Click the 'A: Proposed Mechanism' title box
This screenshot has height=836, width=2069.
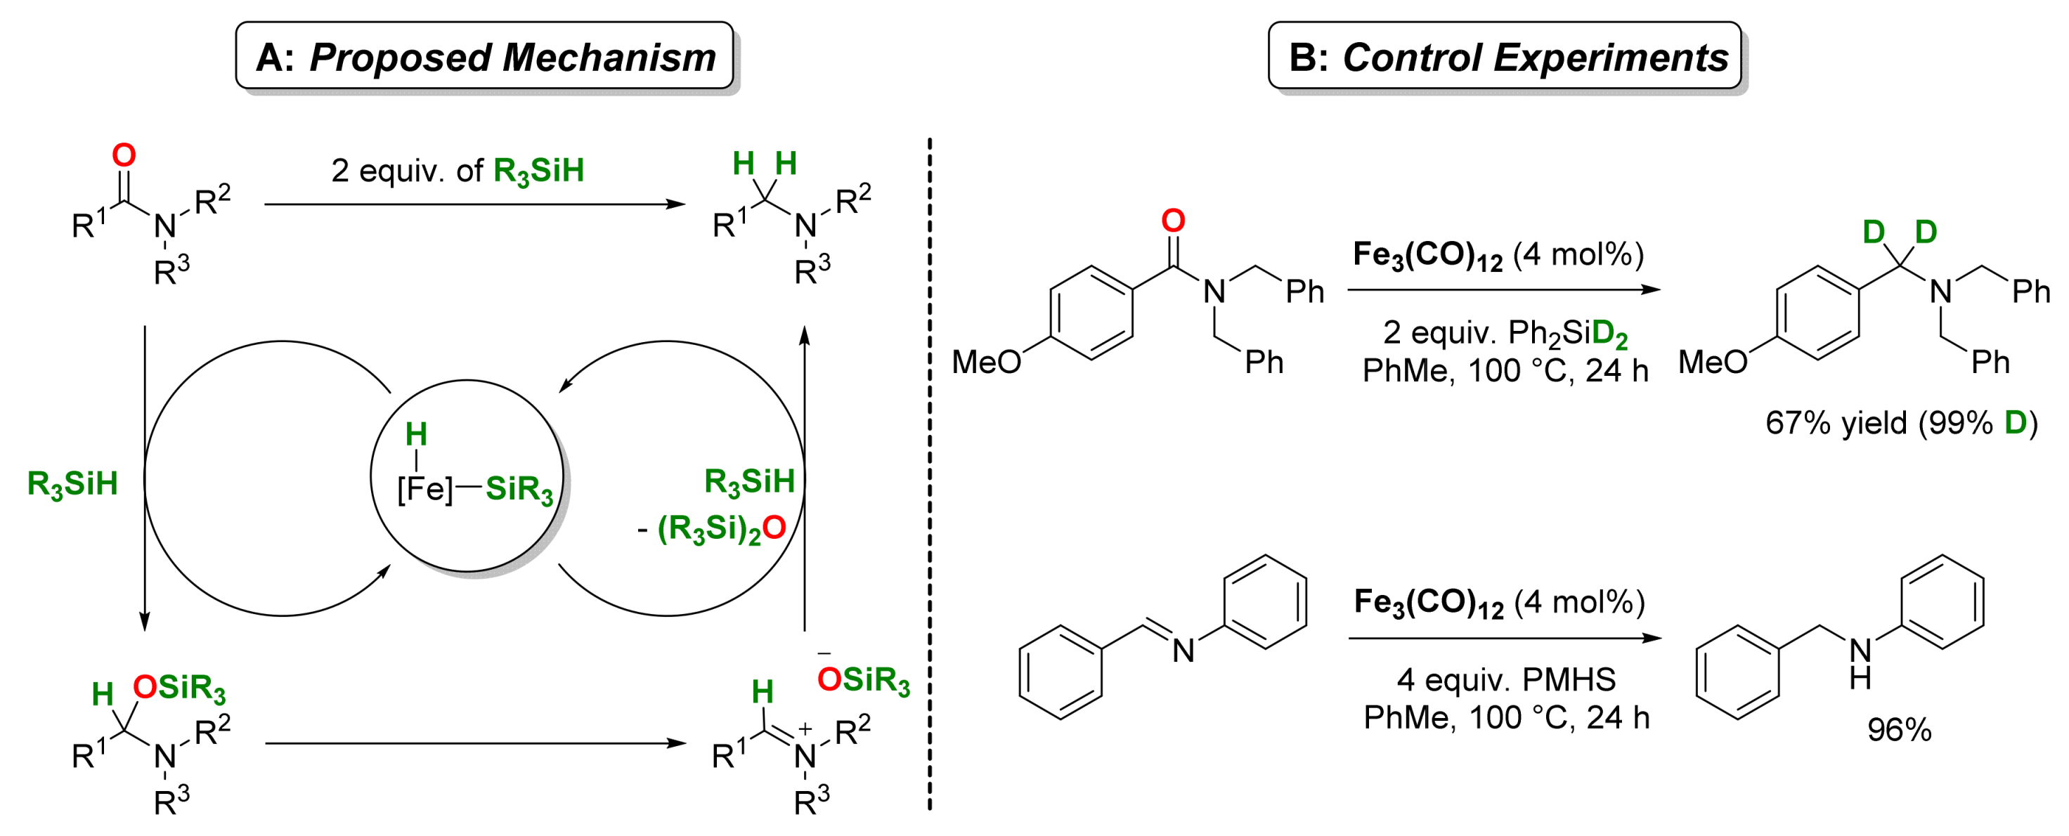484,56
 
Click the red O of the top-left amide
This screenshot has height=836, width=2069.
124,155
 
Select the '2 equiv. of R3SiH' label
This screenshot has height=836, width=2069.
457,171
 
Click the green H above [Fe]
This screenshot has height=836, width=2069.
416,434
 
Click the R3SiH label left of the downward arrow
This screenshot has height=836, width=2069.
72,483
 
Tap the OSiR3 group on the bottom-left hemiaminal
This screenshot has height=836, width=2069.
179,688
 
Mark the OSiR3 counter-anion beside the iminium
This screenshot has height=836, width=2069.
864,680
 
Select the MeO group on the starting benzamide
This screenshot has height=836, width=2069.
985,363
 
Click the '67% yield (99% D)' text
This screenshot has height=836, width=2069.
1900,423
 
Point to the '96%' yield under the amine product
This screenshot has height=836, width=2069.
1899,730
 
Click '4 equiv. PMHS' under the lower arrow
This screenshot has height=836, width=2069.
1506,680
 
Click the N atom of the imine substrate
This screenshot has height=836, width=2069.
1183,651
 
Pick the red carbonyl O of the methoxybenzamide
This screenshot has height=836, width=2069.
1173,221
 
